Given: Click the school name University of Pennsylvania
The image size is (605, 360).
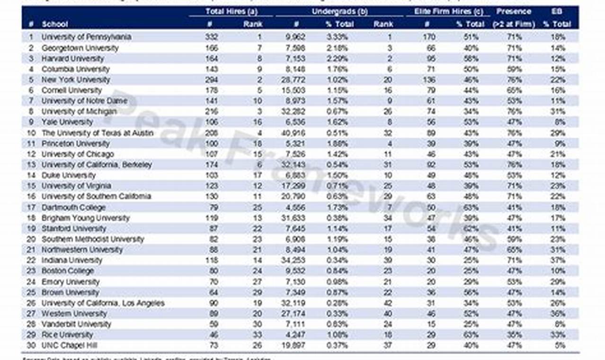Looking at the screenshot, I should pyautogui.click(x=86, y=37).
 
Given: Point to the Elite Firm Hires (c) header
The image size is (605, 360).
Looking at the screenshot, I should pyautogui.click(x=445, y=11).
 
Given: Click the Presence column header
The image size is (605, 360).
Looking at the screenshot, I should pyautogui.click(x=514, y=11).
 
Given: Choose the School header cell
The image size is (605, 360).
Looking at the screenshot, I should pyautogui.click(x=55, y=24).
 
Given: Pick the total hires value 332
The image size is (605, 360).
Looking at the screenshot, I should pyautogui.click(x=211, y=37).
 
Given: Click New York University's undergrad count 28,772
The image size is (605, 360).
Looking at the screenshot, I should pyautogui.click(x=295, y=80).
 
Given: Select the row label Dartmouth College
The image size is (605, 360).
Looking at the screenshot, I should pyautogui.click(x=73, y=207).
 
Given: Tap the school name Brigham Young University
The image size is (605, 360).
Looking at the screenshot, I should pyautogui.click(x=85, y=218).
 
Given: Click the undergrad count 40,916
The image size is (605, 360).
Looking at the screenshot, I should pyautogui.click(x=295, y=133).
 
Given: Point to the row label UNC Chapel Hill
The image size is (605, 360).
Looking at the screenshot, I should pyautogui.click(x=70, y=345).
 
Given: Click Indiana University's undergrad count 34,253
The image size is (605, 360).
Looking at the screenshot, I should pyautogui.click(x=295, y=261).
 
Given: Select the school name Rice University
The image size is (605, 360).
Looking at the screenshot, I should pyautogui.click(x=67, y=335).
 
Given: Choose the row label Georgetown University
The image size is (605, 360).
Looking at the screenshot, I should pyautogui.click(x=80, y=48).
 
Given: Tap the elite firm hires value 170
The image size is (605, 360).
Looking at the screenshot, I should pyautogui.click(x=427, y=37).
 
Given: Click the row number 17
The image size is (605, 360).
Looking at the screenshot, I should pyautogui.click(x=31, y=207).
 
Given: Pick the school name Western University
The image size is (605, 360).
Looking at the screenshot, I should pyautogui.click(x=74, y=314).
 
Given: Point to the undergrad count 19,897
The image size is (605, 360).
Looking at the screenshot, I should pyautogui.click(x=295, y=345).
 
